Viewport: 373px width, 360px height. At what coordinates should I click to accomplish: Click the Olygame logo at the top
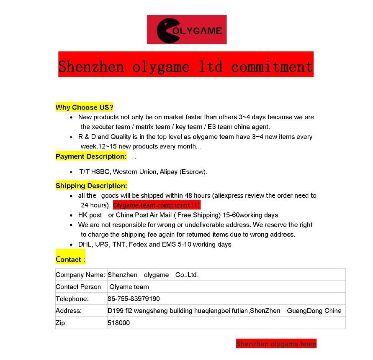click(x=187, y=30)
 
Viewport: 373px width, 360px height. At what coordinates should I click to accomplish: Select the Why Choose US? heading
click(x=85, y=107)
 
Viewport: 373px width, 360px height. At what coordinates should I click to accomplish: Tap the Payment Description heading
click(x=91, y=157)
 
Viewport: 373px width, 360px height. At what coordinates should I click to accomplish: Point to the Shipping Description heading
click(x=91, y=186)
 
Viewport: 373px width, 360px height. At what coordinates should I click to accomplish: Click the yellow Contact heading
click(x=70, y=259)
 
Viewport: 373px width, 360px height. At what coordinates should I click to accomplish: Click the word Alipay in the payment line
click(x=169, y=171)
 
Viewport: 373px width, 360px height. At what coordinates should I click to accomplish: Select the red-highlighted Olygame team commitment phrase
click(x=157, y=205)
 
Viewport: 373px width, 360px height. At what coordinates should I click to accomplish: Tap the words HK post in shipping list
click(x=90, y=215)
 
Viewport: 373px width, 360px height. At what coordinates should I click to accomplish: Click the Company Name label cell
click(x=80, y=275)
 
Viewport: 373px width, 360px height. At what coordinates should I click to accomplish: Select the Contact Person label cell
click(x=78, y=287)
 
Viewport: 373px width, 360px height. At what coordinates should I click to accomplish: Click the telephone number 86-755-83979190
click(x=134, y=299)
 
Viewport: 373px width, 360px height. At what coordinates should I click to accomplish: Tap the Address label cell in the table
click(x=69, y=311)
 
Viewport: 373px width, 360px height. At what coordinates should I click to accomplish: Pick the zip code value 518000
click(x=118, y=323)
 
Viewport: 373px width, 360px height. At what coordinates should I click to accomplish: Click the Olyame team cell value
click(x=129, y=287)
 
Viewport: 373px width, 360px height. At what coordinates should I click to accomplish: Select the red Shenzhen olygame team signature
click(x=276, y=344)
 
